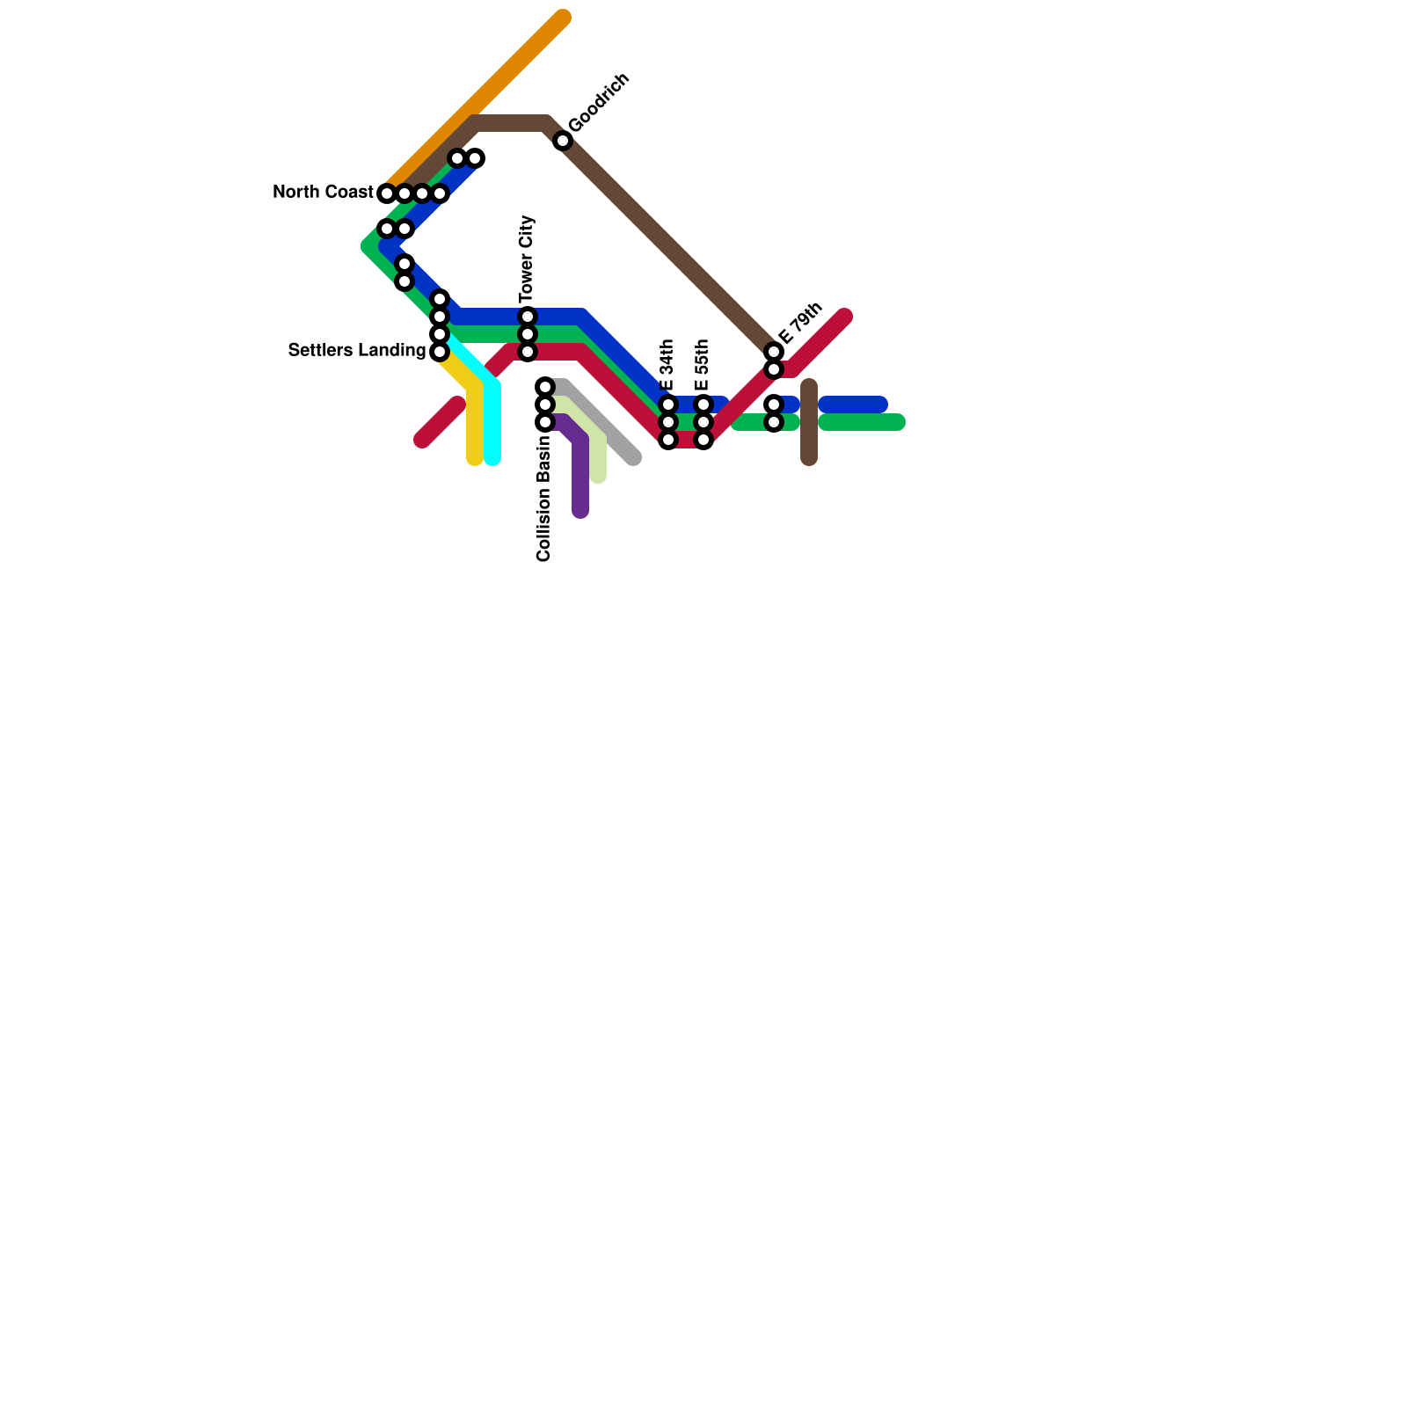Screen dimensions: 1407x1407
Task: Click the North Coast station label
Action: click(x=323, y=192)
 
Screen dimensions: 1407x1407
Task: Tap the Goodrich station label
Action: click(x=599, y=103)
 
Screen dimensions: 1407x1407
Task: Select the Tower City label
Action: click(x=527, y=257)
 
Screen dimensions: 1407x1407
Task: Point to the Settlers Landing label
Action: click(x=356, y=350)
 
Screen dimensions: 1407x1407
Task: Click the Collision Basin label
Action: click(x=543, y=498)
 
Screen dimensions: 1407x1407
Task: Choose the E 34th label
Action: click(x=667, y=365)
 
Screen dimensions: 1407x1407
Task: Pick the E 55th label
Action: click(x=703, y=365)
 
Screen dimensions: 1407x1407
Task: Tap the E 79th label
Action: click(x=800, y=323)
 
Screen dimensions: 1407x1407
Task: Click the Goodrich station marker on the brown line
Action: click(x=563, y=141)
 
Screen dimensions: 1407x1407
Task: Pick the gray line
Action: click(x=607, y=431)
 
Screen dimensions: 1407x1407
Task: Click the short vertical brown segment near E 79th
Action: click(x=809, y=422)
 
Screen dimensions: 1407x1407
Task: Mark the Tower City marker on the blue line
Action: click(x=528, y=317)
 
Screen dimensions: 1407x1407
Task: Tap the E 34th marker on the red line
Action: click(x=668, y=440)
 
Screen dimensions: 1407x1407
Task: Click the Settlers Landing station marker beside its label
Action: click(x=440, y=352)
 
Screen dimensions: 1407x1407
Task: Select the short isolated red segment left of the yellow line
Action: click(x=440, y=422)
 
